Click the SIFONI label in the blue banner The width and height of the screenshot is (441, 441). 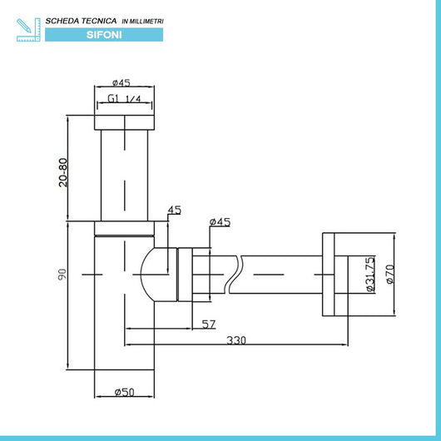(104, 35)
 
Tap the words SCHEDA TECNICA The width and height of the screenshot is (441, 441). (81, 21)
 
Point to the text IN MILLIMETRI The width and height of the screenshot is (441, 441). (142, 21)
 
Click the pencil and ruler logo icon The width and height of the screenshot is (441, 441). (28, 30)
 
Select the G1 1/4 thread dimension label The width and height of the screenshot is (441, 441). (124, 99)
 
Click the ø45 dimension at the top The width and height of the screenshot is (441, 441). (121, 82)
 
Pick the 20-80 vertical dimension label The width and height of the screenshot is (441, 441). (63, 172)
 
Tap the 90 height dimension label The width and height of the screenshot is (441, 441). (62, 275)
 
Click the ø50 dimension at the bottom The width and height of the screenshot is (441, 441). (124, 392)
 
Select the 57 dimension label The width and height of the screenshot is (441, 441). (209, 325)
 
